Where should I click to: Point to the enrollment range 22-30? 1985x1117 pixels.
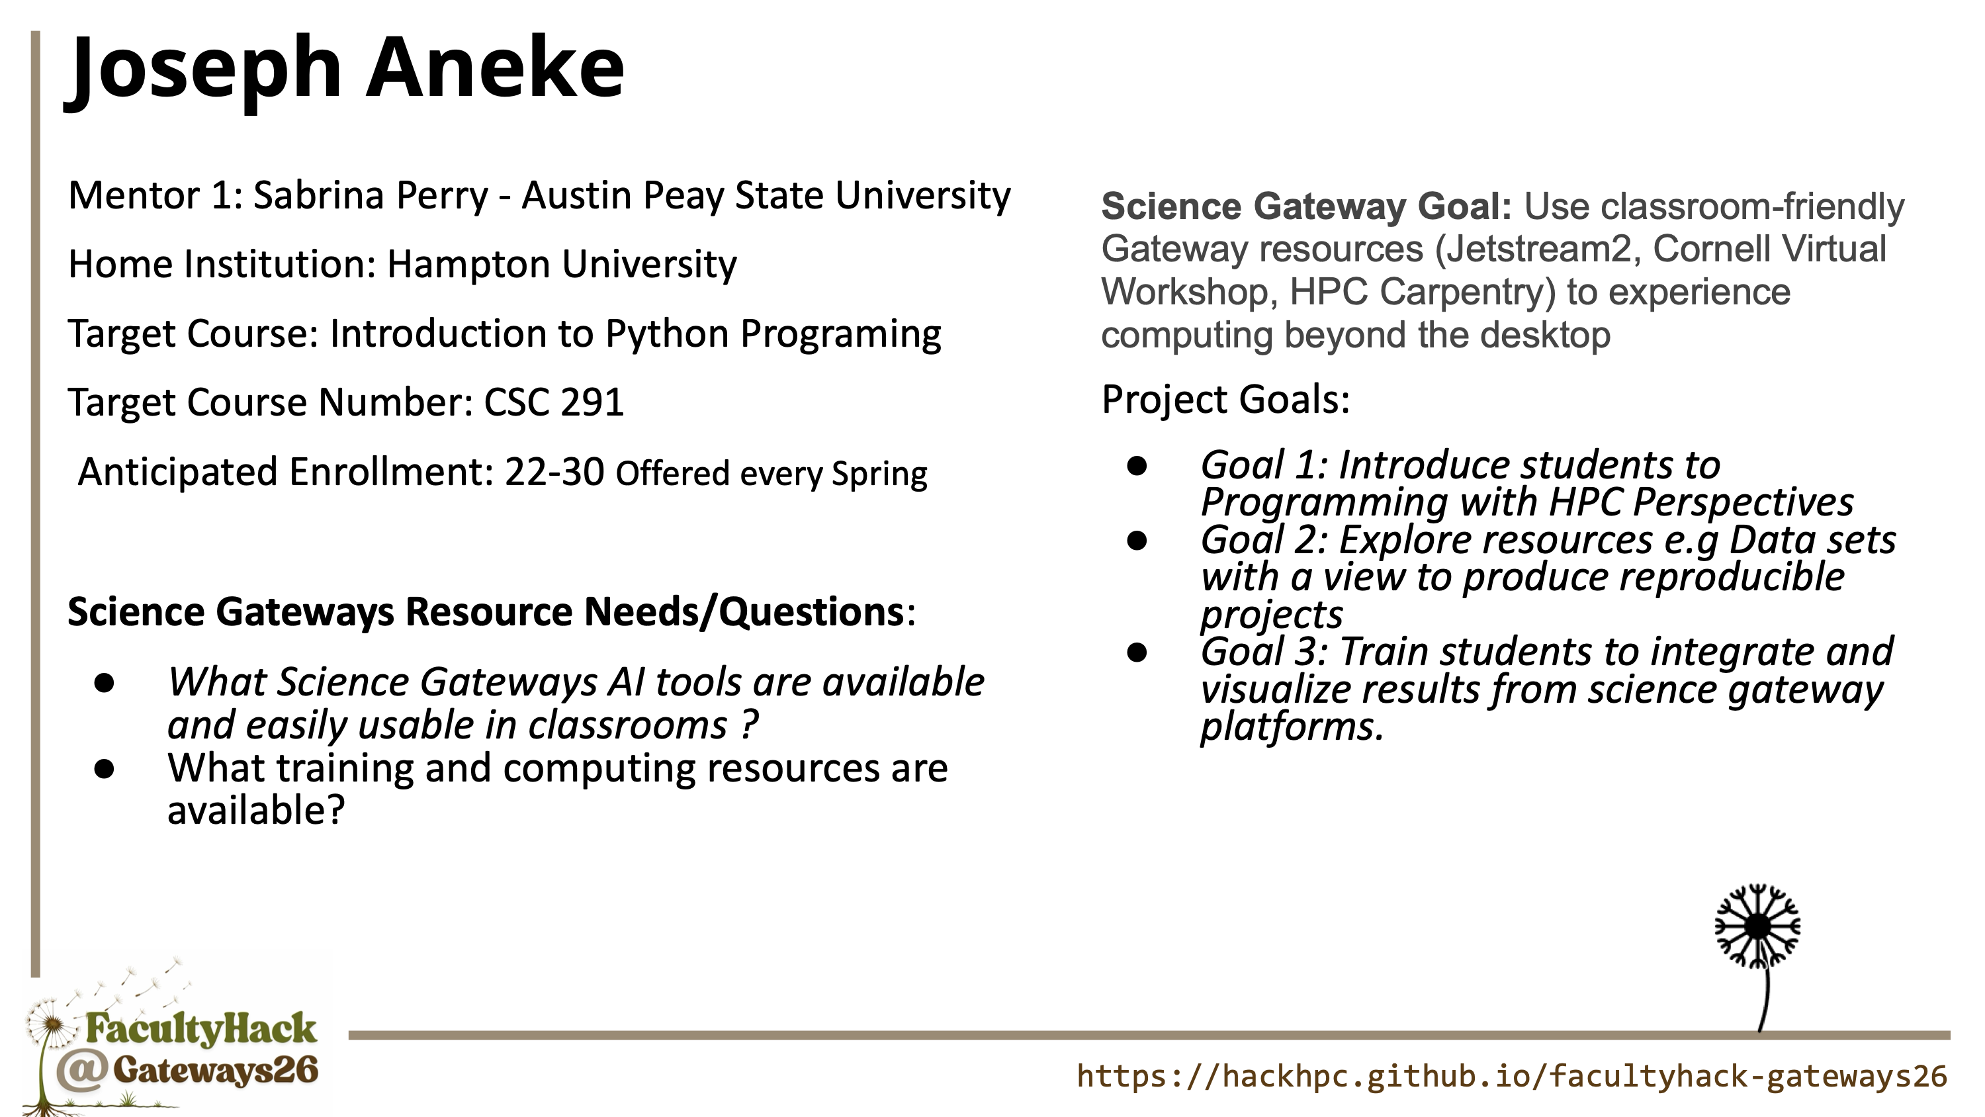click(x=555, y=472)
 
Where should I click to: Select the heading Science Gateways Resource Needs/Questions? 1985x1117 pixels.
click(x=486, y=613)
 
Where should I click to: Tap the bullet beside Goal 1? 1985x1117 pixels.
click(x=1137, y=466)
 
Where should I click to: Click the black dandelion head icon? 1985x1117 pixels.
click(x=1757, y=926)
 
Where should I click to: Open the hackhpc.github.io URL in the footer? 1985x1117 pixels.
click(x=1512, y=1076)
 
